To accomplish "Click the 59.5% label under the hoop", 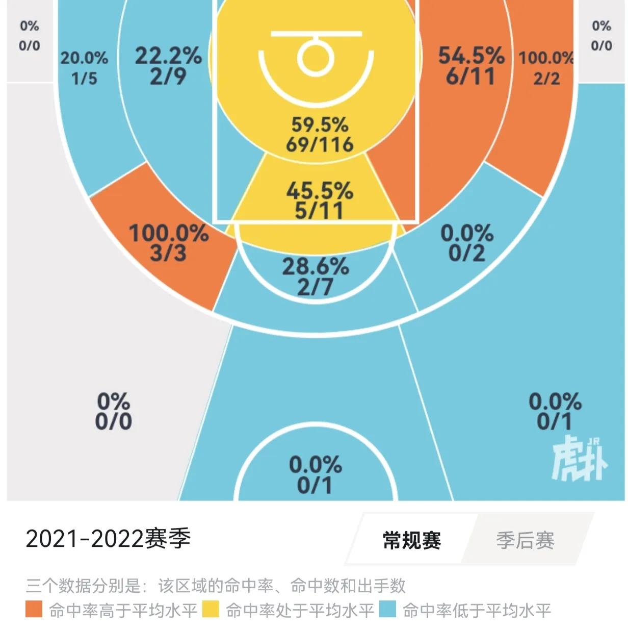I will click(x=320, y=124).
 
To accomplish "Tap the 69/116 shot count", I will click(x=320, y=144).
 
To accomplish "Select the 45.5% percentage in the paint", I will click(x=320, y=191).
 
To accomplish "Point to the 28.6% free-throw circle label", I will click(x=316, y=266).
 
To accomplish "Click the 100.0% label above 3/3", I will click(x=169, y=234).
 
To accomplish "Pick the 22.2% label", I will click(x=168, y=56).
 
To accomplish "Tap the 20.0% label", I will click(x=85, y=58).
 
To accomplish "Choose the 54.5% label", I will click(x=472, y=56).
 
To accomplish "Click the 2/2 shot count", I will click(x=546, y=79).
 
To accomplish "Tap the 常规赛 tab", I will click(x=412, y=540).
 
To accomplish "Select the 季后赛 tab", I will click(x=525, y=540).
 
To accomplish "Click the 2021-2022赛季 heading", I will click(x=108, y=539).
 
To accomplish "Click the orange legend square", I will click(x=34, y=610).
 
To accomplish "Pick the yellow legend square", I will click(x=211, y=610).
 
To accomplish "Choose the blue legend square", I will click(x=388, y=610).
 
